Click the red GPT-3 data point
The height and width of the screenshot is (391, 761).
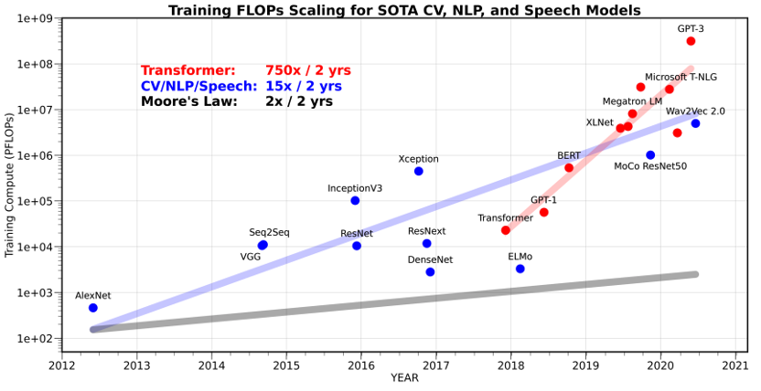point(691,41)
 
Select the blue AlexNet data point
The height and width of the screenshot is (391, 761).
point(93,308)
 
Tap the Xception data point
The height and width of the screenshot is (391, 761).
point(419,171)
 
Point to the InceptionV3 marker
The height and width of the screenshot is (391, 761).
point(355,200)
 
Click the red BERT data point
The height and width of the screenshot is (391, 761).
point(569,168)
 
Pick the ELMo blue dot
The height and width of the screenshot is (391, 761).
point(520,269)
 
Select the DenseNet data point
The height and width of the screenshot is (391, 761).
point(430,272)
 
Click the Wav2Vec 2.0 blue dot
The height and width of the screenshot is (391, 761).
point(695,123)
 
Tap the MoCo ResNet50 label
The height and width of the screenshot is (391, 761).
point(649,166)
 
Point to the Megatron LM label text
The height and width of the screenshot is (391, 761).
point(632,100)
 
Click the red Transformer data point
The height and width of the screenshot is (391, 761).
point(506,230)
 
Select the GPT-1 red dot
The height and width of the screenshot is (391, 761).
point(544,212)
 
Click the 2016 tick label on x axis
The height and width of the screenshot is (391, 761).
point(361,365)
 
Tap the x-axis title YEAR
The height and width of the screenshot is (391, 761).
point(404,378)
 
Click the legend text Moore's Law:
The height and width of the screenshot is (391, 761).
point(188,101)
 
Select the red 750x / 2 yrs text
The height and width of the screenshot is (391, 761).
point(307,70)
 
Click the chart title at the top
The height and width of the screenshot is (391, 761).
point(403,10)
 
